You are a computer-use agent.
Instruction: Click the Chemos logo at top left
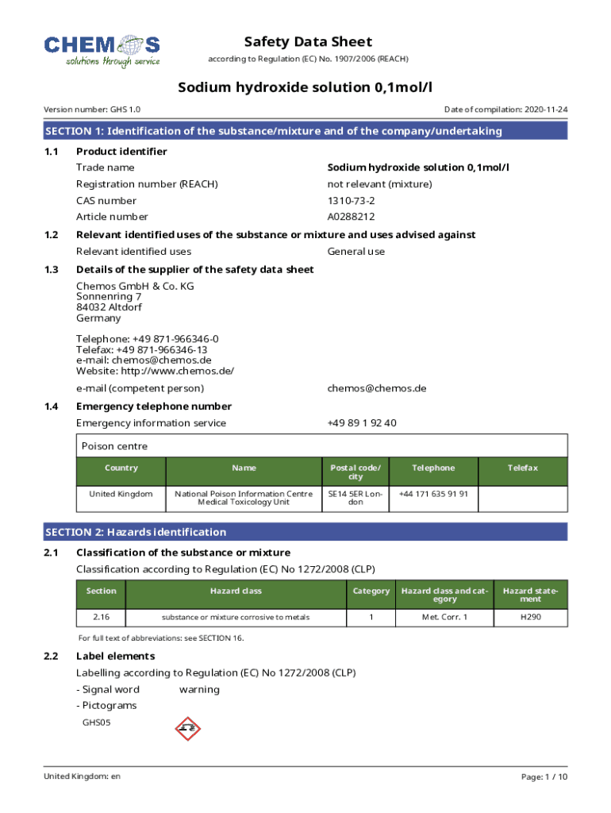[102, 50]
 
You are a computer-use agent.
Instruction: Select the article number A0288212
[351, 217]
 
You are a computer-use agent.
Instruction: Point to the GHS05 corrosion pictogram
[188, 726]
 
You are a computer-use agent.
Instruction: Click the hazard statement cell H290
[530, 617]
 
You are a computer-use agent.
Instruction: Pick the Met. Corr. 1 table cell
[444, 617]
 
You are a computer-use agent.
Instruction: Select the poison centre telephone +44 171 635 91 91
[433, 494]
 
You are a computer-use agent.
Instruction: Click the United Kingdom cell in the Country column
[121, 494]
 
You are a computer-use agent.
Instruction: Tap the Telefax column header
[523, 468]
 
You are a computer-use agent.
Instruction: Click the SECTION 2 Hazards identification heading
[136, 532]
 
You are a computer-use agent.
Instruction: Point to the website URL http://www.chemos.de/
[155, 371]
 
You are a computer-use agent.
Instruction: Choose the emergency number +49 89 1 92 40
[362, 423]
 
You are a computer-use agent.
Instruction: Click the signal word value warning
[199, 689]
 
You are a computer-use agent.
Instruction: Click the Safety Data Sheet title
[308, 42]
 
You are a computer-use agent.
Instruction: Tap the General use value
[356, 252]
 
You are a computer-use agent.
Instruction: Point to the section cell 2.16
[101, 617]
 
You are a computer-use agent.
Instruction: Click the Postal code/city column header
[355, 472]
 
